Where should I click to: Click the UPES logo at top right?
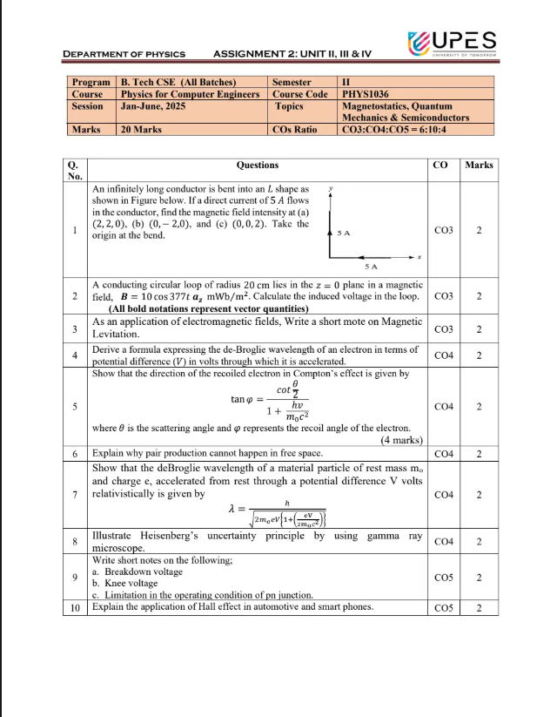tap(451, 42)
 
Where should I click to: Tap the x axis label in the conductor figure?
tap(419, 257)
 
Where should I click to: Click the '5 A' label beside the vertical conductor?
tap(344, 233)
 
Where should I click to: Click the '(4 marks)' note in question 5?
tap(401, 440)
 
